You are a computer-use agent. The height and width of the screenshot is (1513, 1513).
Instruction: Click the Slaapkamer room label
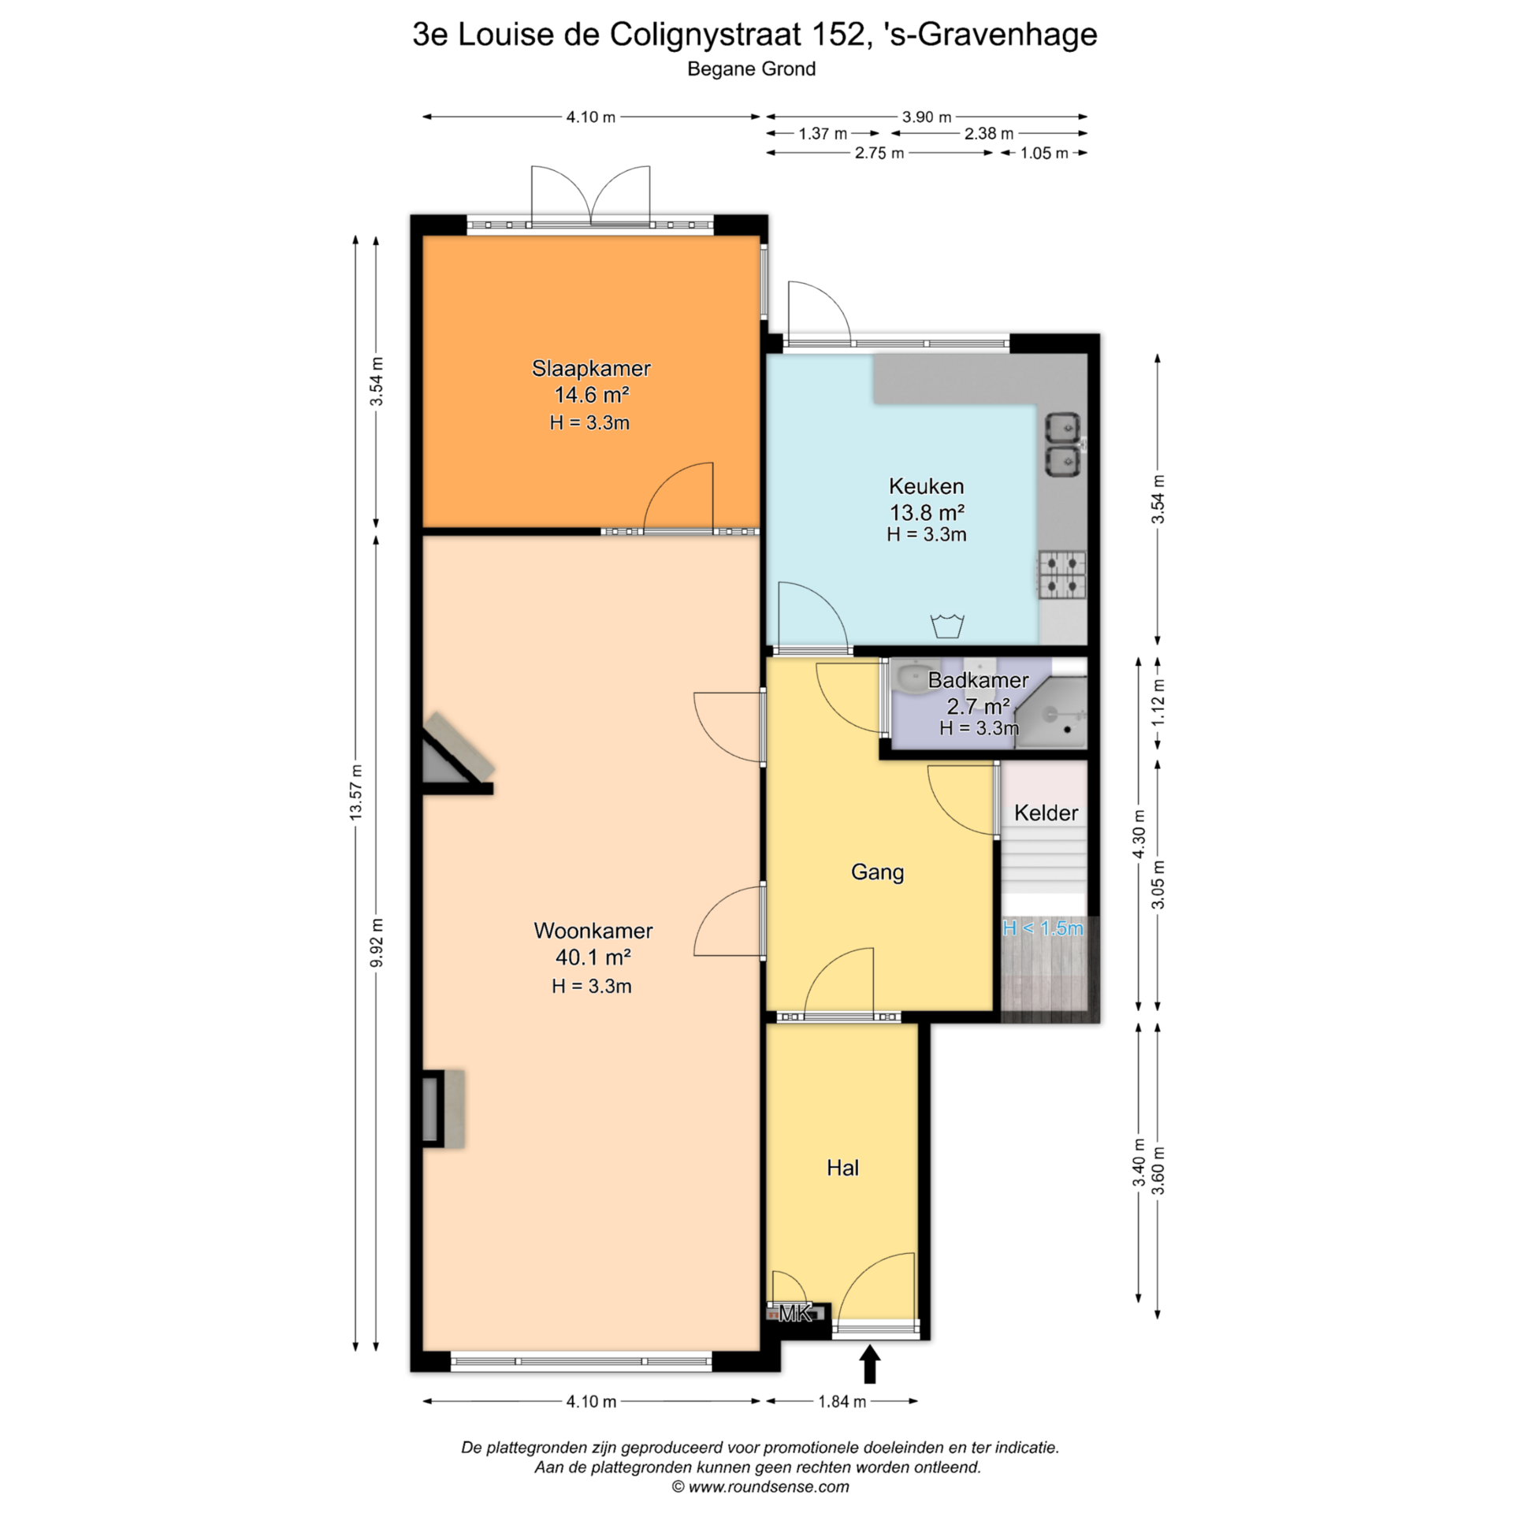point(591,368)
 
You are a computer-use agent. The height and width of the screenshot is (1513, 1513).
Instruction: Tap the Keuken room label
point(926,485)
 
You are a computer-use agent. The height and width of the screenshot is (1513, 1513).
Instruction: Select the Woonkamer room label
point(593,931)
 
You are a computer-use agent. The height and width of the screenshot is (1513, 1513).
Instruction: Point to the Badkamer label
point(978,680)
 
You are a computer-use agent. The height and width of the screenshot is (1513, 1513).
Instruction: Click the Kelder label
point(1046,812)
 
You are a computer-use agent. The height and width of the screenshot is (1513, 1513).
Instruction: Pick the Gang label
point(877,872)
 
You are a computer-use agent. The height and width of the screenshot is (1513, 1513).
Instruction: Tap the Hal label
point(842,1168)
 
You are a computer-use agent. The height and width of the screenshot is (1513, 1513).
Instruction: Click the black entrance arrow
point(869,1363)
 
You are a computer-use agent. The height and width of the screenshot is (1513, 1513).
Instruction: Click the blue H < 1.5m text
point(1043,928)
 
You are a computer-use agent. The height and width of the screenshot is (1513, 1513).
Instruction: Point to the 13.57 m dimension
point(356,792)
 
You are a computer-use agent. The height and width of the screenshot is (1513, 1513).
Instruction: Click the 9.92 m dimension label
point(377,942)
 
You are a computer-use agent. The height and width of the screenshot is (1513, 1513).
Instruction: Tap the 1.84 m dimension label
point(842,1401)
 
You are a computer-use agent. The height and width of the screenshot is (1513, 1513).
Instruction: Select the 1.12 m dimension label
point(1158,703)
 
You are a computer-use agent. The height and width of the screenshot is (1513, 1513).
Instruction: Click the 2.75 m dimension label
point(879,153)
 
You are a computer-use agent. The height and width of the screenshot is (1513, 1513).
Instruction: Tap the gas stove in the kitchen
point(1062,575)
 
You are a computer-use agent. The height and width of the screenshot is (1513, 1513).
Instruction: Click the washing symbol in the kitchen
point(947,626)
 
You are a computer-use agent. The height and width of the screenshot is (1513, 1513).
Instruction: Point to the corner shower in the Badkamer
point(1051,712)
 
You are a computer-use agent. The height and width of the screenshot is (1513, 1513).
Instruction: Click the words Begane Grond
point(751,69)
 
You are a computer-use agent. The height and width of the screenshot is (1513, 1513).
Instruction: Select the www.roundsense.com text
point(768,1487)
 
